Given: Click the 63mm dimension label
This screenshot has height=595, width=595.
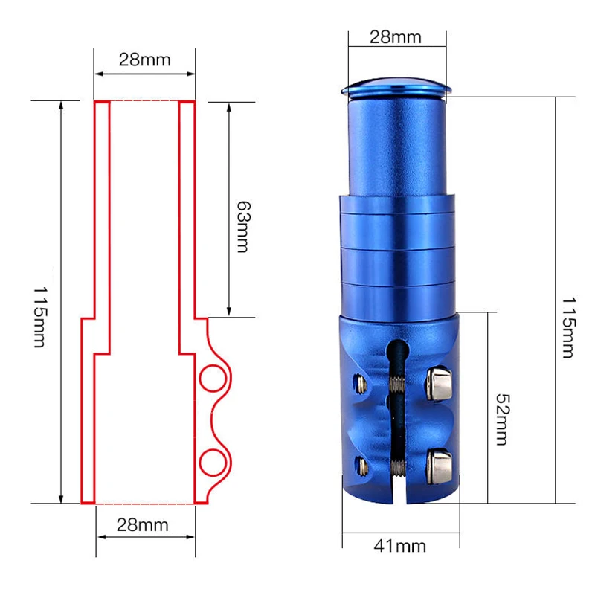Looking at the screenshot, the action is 243,227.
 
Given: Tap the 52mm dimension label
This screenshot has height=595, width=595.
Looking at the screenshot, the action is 503,419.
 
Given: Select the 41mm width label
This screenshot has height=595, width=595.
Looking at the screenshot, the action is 399,547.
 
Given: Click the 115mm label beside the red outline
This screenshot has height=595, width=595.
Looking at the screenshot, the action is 40,318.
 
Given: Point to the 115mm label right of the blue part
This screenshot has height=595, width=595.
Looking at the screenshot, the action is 568,327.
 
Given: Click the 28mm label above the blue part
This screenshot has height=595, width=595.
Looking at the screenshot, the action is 396,37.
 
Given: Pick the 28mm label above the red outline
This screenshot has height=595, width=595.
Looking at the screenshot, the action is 144,60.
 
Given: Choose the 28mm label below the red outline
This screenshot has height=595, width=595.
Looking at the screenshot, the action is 142,525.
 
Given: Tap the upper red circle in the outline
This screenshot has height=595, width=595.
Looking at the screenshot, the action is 200,379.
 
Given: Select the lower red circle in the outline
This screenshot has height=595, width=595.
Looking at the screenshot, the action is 200,463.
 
